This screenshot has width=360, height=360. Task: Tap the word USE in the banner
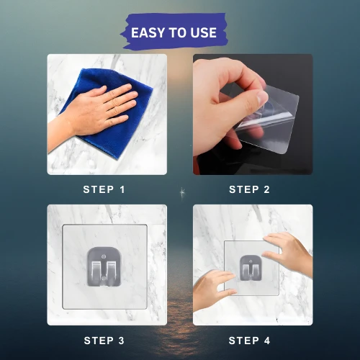(x=204, y=32)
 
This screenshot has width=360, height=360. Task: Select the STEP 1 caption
(x=104, y=189)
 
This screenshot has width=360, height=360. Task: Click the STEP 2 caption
(x=250, y=189)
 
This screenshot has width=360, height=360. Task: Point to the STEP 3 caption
(x=104, y=341)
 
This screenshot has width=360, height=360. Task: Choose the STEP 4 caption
(x=250, y=341)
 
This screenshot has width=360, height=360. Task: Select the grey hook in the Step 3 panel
(x=104, y=267)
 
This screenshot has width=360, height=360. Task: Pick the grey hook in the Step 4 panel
(x=251, y=268)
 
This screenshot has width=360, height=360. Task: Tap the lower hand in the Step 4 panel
(x=214, y=288)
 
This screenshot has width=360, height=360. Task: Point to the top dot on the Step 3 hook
(x=104, y=256)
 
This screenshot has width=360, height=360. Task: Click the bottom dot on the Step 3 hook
(x=104, y=278)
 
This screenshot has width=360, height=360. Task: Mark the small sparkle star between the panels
(x=182, y=193)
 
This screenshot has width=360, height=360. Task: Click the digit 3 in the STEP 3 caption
(x=121, y=341)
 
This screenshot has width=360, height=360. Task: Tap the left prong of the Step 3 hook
(x=96, y=271)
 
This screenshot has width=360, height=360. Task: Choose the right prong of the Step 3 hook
(x=112, y=271)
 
